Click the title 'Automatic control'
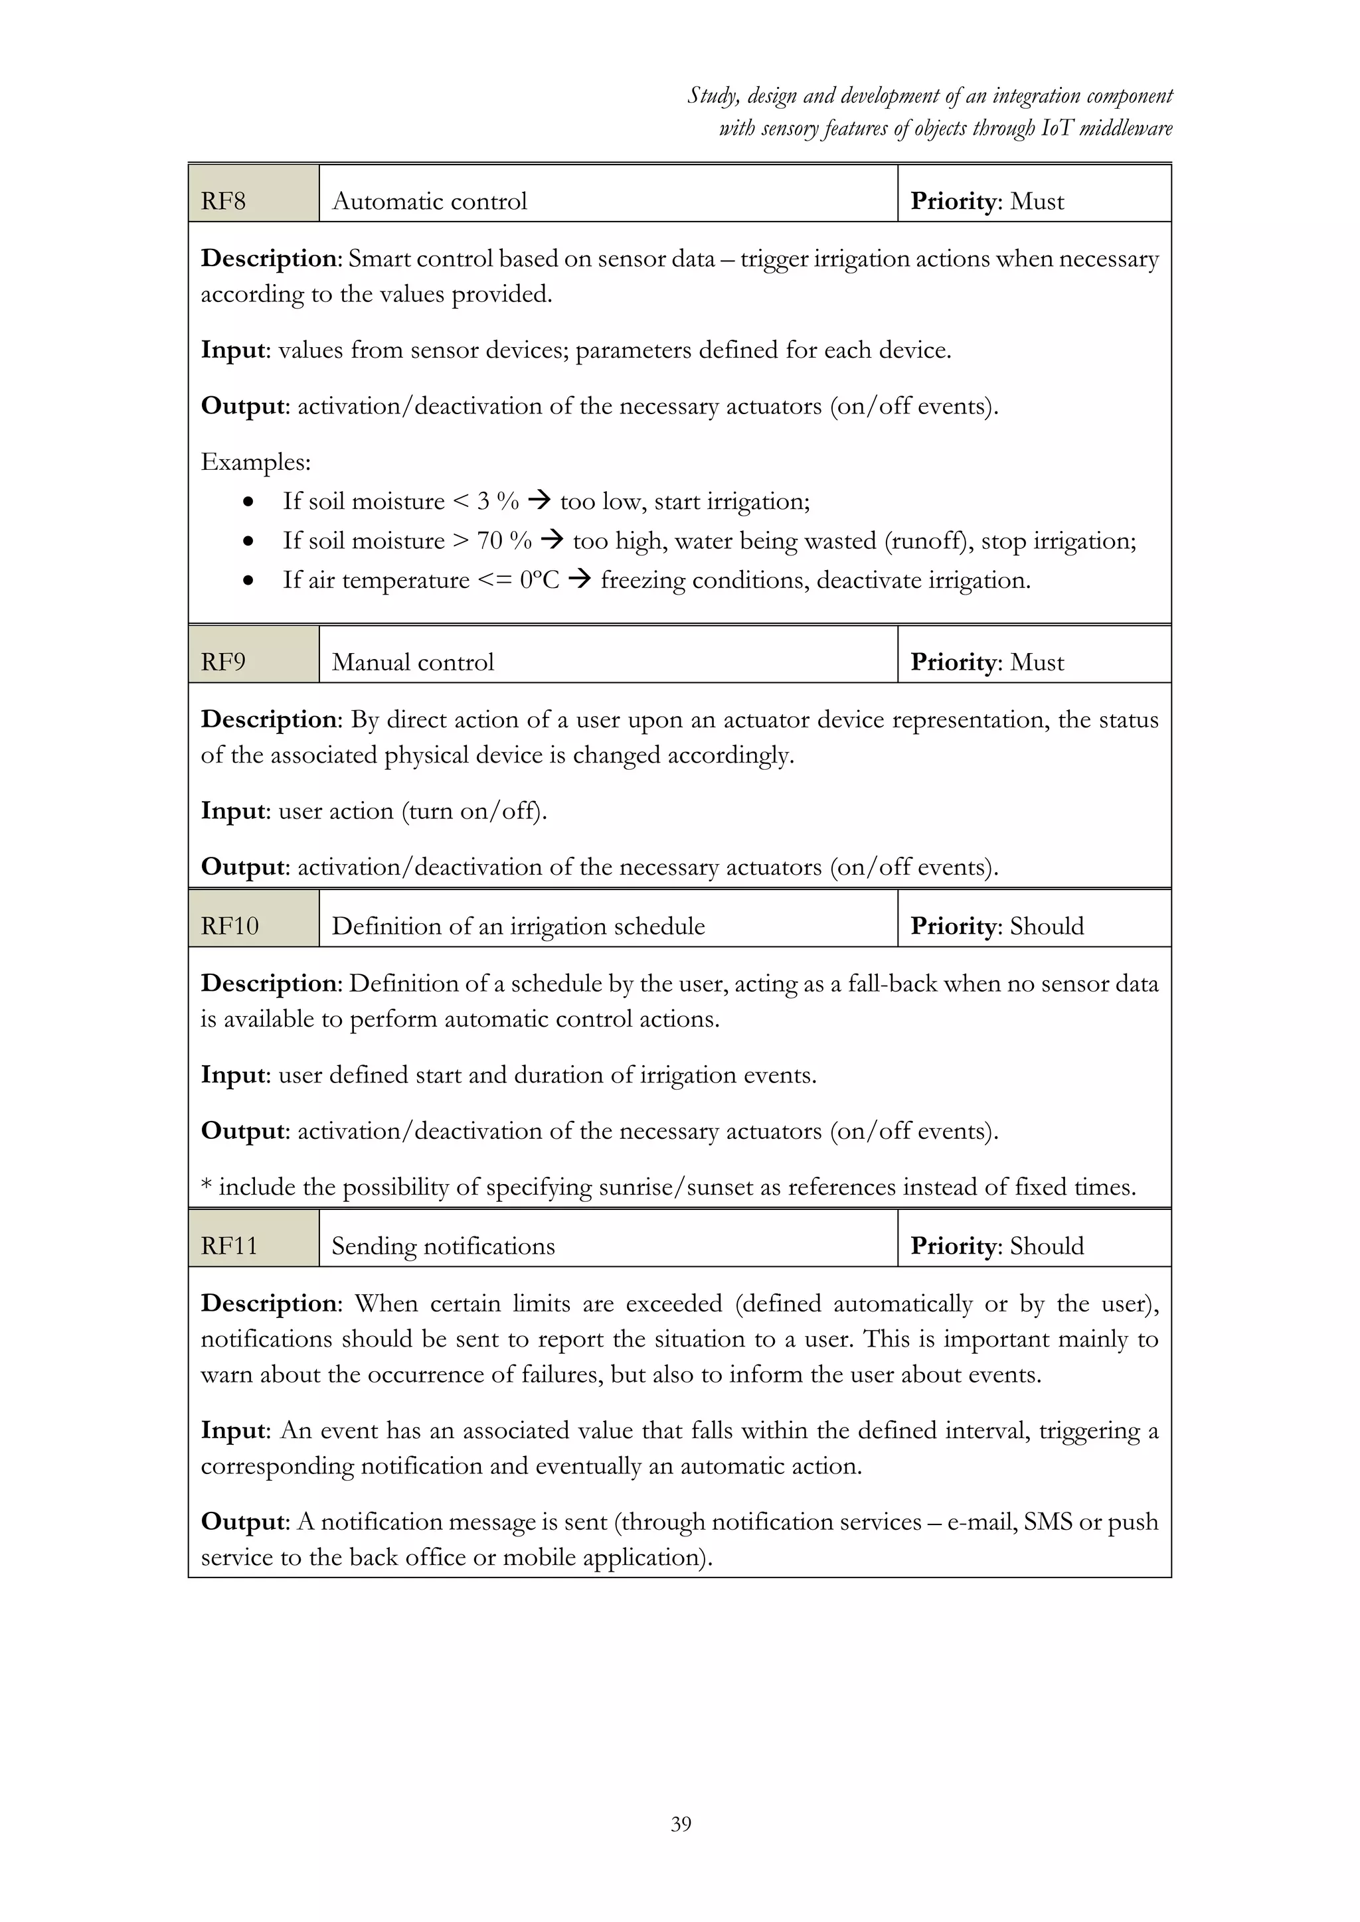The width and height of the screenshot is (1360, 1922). (x=430, y=201)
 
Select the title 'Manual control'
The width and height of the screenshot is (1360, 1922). (x=413, y=662)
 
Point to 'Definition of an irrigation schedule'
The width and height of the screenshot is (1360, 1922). (x=519, y=926)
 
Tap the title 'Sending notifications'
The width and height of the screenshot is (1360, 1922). (x=443, y=1246)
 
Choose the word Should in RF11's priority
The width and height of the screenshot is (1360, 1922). (x=1047, y=1246)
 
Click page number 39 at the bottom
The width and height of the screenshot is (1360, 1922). (x=681, y=1824)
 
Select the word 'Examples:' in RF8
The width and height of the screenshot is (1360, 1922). (x=256, y=462)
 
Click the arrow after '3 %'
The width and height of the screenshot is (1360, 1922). (x=540, y=500)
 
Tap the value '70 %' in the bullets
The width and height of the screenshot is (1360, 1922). (x=504, y=541)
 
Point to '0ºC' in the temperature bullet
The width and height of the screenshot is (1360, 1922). (x=539, y=580)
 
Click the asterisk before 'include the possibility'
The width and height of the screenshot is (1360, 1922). (x=206, y=1185)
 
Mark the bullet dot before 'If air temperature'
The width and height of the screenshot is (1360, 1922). (x=248, y=580)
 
